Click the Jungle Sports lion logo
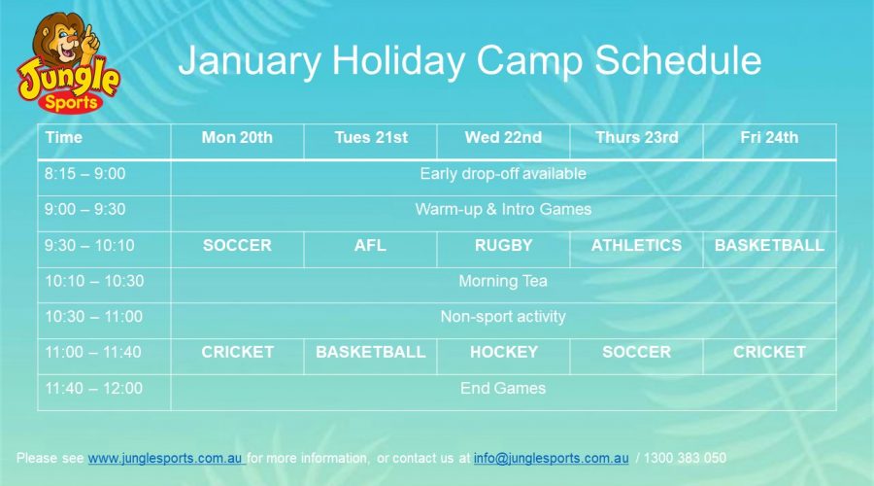pos(69,62)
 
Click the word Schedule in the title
pos(678,60)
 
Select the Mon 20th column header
pos(237,137)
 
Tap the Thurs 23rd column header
pos(636,137)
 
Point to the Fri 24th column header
pos(769,137)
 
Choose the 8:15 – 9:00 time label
pos(84,174)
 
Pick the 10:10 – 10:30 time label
pos(94,281)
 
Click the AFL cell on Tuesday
pos(370,245)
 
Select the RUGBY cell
pos(503,245)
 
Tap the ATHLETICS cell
pos(636,245)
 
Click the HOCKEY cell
pos(504,352)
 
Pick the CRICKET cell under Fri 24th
pos(769,352)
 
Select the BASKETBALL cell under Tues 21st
pos(371,352)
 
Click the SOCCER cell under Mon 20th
pos(237,245)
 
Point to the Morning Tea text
pos(503,281)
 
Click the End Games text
pos(503,388)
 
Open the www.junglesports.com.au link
pos(165,458)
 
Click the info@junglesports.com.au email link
pos(552,458)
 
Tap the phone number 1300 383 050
pos(685,458)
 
